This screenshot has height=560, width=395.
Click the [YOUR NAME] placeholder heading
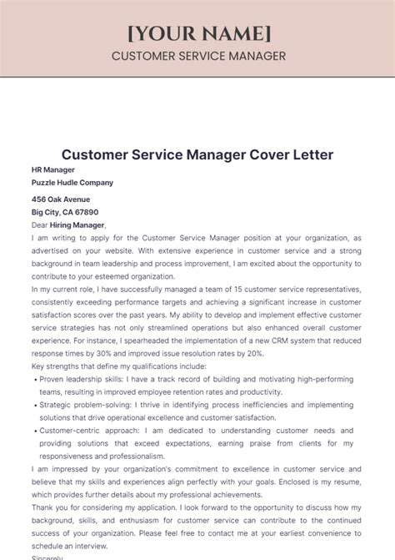coord(197,33)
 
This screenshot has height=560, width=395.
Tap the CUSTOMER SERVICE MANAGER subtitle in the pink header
coord(197,56)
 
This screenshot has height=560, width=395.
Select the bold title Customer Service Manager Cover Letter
coord(197,155)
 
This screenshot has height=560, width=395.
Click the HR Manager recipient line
coord(52,169)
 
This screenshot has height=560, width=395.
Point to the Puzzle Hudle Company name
coord(72,182)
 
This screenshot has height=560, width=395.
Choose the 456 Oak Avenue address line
coord(61,199)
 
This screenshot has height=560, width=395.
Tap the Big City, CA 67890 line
coord(65,212)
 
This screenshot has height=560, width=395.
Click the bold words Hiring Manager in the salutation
coord(78,225)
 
